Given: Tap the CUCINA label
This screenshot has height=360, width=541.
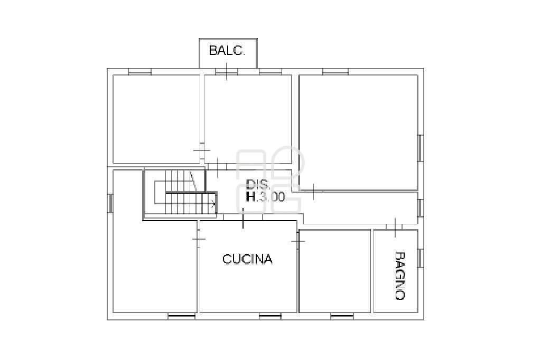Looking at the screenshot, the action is [x=247, y=259].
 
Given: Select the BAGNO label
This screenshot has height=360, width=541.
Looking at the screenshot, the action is [x=399, y=276].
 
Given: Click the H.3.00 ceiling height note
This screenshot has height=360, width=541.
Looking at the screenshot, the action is [x=265, y=196].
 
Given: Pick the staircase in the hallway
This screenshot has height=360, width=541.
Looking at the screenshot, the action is [x=180, y=194].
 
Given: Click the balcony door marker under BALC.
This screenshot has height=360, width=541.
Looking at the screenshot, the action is [x=227, y=72].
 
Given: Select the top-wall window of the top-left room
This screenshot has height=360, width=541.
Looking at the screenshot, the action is [x=139, y=72].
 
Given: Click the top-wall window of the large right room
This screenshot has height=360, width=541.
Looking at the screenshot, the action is [x=335, y=72].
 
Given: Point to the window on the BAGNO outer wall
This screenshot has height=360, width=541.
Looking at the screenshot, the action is [x=420, y=258].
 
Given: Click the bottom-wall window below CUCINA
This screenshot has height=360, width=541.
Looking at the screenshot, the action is [x=270, y=316].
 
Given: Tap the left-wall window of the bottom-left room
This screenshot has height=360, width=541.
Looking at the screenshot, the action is [x=110, y=203].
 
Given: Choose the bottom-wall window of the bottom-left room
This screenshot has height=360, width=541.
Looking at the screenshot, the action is [x=182, y=316].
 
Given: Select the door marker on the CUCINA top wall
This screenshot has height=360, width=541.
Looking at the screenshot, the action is [x=243, y=219].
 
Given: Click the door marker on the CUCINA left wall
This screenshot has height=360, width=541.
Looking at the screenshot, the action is [x=199, y=239].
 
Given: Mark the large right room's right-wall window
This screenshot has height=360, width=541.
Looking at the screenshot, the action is [x=420, y=148].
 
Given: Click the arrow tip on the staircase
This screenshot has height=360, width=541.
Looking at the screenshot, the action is [x=215, y=204].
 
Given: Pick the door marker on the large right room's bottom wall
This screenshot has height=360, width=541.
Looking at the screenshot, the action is [x=313, y=192].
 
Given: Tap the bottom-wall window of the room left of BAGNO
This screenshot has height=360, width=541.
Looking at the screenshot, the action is [x=342, y=316].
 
